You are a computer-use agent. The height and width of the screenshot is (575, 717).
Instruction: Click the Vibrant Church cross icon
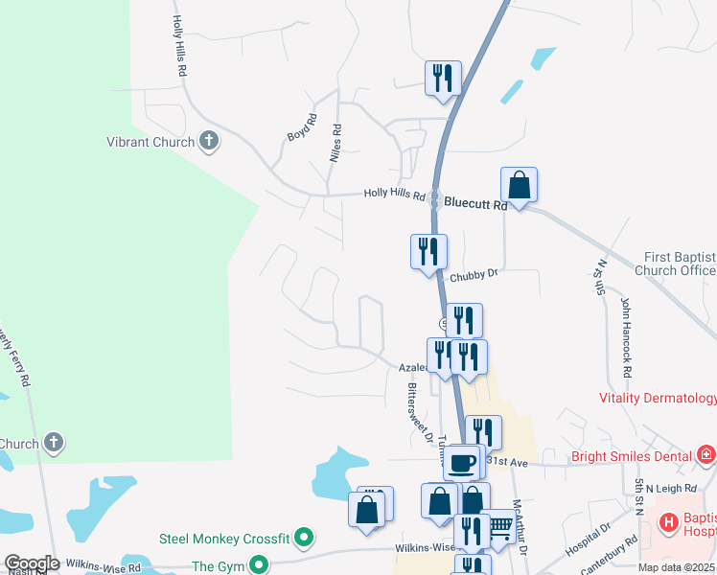click(210, 142)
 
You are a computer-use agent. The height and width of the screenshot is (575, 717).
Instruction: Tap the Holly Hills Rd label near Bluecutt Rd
click(394, 195)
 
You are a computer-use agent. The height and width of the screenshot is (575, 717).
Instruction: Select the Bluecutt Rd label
click(474, 203)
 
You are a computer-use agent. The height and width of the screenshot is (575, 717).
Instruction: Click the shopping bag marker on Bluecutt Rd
click(519, 184)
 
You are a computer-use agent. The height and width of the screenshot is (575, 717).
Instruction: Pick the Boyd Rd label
click(302, 129)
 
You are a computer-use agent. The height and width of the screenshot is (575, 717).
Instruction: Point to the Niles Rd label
click(335, 142)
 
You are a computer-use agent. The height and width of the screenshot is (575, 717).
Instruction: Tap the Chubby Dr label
click(480, 273)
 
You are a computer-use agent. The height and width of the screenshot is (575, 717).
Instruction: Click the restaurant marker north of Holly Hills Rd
click(443, 78)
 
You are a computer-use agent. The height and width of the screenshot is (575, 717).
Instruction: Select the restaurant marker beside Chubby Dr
click(428, 251)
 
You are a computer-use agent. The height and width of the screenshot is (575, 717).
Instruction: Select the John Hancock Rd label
click(627, 336)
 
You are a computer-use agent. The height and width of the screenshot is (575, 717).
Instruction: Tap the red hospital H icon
click(670, 523)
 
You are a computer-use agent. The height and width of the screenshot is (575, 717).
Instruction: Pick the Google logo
click(32, 563)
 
